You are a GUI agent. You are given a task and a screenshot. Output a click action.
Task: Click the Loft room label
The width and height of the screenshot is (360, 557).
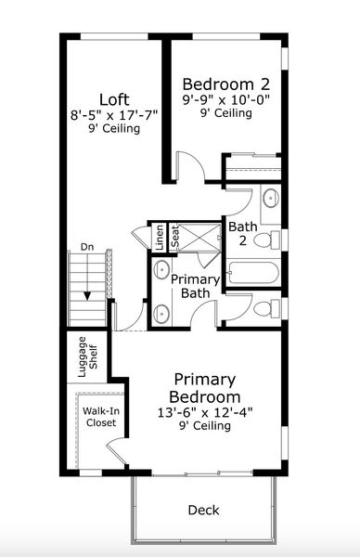pyautogui.click(x=114, y=99)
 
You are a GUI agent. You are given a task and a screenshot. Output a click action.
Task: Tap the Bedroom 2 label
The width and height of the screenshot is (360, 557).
pyautogui.click(x=226, y=84)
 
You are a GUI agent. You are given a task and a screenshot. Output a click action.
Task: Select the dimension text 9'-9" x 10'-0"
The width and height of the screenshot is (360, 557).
pyautogui.click(x=226, y=100)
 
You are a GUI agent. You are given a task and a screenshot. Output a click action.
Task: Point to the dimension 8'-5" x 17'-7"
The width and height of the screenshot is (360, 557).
pyautogui.click(x=114, y=115)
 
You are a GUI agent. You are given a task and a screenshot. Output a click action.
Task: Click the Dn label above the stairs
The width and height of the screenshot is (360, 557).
pyautogui.click(x=87, y=247)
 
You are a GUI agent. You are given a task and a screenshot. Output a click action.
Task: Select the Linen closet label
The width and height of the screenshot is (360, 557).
pyautogui.click(x=161, y=237)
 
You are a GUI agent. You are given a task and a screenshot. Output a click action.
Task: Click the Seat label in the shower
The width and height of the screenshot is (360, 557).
pyautogui.click(x=175, y=238)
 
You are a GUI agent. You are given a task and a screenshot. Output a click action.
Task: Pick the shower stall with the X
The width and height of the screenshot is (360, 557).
pyautogui.click(x=199, y=238)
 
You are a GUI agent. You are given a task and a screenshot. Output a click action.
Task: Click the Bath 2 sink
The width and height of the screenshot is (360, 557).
pyautogui.click(x=272, y=197)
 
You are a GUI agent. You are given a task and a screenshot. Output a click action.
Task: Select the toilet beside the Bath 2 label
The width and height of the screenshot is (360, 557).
pyautogui.click(x=267, y=240)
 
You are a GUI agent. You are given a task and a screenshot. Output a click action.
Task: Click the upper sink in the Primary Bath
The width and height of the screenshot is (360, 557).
pyautogui.click(x=161, y=269)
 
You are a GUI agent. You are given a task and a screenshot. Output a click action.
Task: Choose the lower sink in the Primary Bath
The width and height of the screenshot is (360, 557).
pyautogui.click(x=161, y=314)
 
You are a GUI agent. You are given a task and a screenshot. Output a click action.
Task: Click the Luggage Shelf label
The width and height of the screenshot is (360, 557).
pyautogui.click(x=87, y=357)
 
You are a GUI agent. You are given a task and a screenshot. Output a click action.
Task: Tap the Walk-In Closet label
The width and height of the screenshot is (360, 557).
pyautogui.click(x=101, y=417)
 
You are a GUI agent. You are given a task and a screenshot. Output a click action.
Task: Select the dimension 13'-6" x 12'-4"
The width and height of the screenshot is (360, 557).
pyautogui.click(x=205, y=413)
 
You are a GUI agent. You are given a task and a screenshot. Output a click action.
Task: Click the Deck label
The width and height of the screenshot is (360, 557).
pyautogui.click(x=204, y=510)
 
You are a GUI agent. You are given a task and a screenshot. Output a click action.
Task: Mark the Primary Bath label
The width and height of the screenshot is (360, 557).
pyautogui.click(x=195, y=286)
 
